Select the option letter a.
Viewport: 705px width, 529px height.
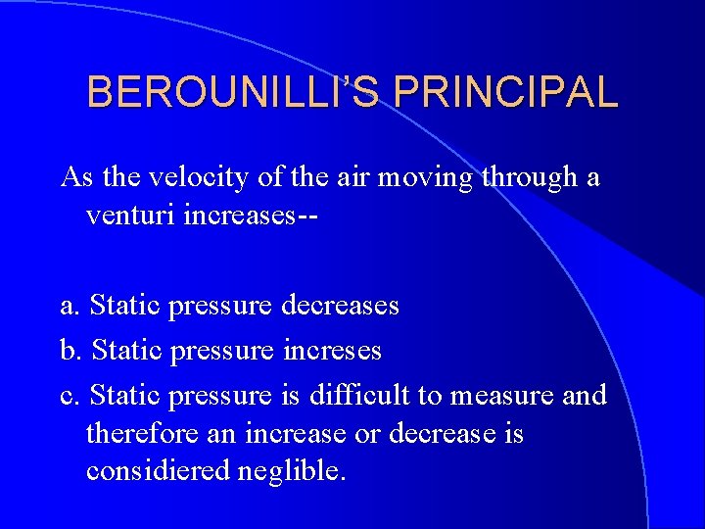69,306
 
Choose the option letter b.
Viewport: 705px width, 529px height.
70,350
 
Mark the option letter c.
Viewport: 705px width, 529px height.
69,395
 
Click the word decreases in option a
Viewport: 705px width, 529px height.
340,306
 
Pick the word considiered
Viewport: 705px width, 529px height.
158,470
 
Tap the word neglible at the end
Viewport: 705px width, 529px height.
292,470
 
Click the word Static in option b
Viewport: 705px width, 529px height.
125,350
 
